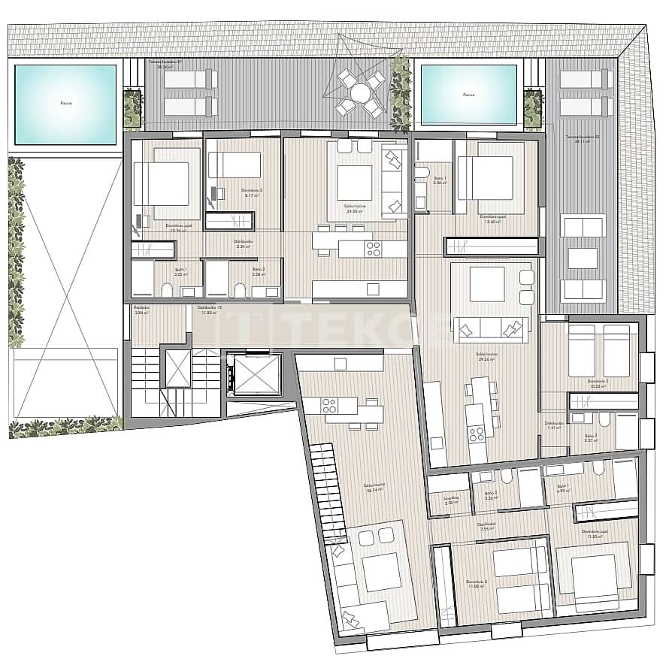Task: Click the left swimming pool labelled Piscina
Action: [x=65, y=104]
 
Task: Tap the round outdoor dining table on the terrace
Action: [x=360, y=93]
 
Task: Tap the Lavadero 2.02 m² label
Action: [x=449, y=500]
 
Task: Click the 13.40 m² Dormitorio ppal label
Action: [x=493, y=219]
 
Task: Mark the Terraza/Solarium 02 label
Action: [x=582, y=138]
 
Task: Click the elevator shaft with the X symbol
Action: [x=177, y=369]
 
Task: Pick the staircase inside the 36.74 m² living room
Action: [x=328, y=488]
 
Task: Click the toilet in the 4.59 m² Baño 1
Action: [x=598, y=469]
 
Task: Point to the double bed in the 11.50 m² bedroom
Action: [x=594, y=574]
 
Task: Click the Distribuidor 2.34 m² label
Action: [x=243, y=243]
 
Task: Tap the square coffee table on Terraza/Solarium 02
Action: [x=583, y=258]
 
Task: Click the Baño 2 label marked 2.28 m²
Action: [x=258, y=271]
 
